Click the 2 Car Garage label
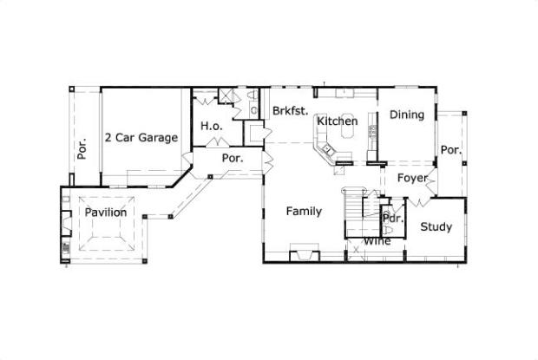pos(141,137)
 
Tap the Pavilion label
pos(106,213)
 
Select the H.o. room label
pos(213,127)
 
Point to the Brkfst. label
pos(287,111)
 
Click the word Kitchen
pos(337,121)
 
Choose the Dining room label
pos(406,115)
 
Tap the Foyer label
pos(412,179)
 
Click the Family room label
pos(304,211)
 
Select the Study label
pos(436,227)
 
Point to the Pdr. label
pos(393,219)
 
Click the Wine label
pos(377,241)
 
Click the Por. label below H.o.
pos(232,159)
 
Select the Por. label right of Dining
pos(449,150)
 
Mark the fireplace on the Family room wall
pos(303,255)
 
